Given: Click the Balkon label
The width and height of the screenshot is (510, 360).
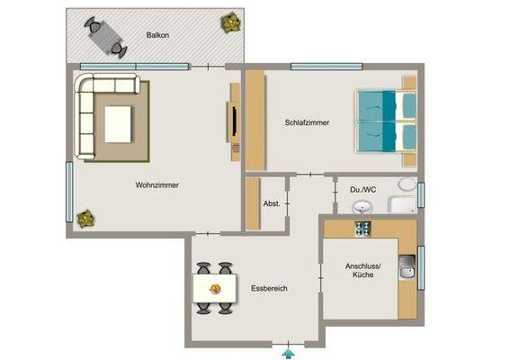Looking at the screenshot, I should (x=158, y=36).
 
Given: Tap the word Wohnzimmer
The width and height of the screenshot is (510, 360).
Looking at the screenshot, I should (x=157, y=185).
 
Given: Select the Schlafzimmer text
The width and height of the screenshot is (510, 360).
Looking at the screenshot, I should (x=306, y=122).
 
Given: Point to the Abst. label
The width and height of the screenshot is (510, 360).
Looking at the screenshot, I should (x=271, y=204).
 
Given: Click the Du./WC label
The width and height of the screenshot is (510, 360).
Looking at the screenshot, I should (x=362, y=190).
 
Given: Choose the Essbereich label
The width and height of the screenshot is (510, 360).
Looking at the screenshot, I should (x=268, y=289).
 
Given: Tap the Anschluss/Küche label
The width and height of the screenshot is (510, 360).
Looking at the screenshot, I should (x=363, y=270).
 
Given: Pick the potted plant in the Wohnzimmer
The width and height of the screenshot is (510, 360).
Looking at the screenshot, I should (x=85, y=218).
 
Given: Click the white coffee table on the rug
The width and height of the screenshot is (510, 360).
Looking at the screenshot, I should (x=118, y=124).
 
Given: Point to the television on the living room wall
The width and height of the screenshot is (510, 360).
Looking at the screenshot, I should (x=230, y=124).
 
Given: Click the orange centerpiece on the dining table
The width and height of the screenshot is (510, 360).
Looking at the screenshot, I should (x=215, y=289).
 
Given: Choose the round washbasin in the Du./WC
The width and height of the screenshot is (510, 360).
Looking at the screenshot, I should (x=363, y=209).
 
